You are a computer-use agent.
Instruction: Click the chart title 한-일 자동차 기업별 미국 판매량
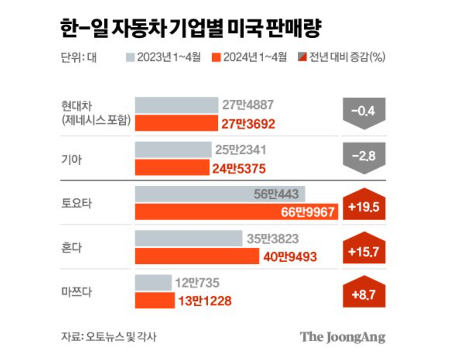point(191,28)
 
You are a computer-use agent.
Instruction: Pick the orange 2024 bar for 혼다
point(197,256)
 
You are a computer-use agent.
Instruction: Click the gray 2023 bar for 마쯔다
point(153,283)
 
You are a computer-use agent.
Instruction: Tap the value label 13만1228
point(205,301)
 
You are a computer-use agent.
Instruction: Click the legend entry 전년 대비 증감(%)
point(341,57)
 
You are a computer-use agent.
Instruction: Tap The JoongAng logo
point(343,337)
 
